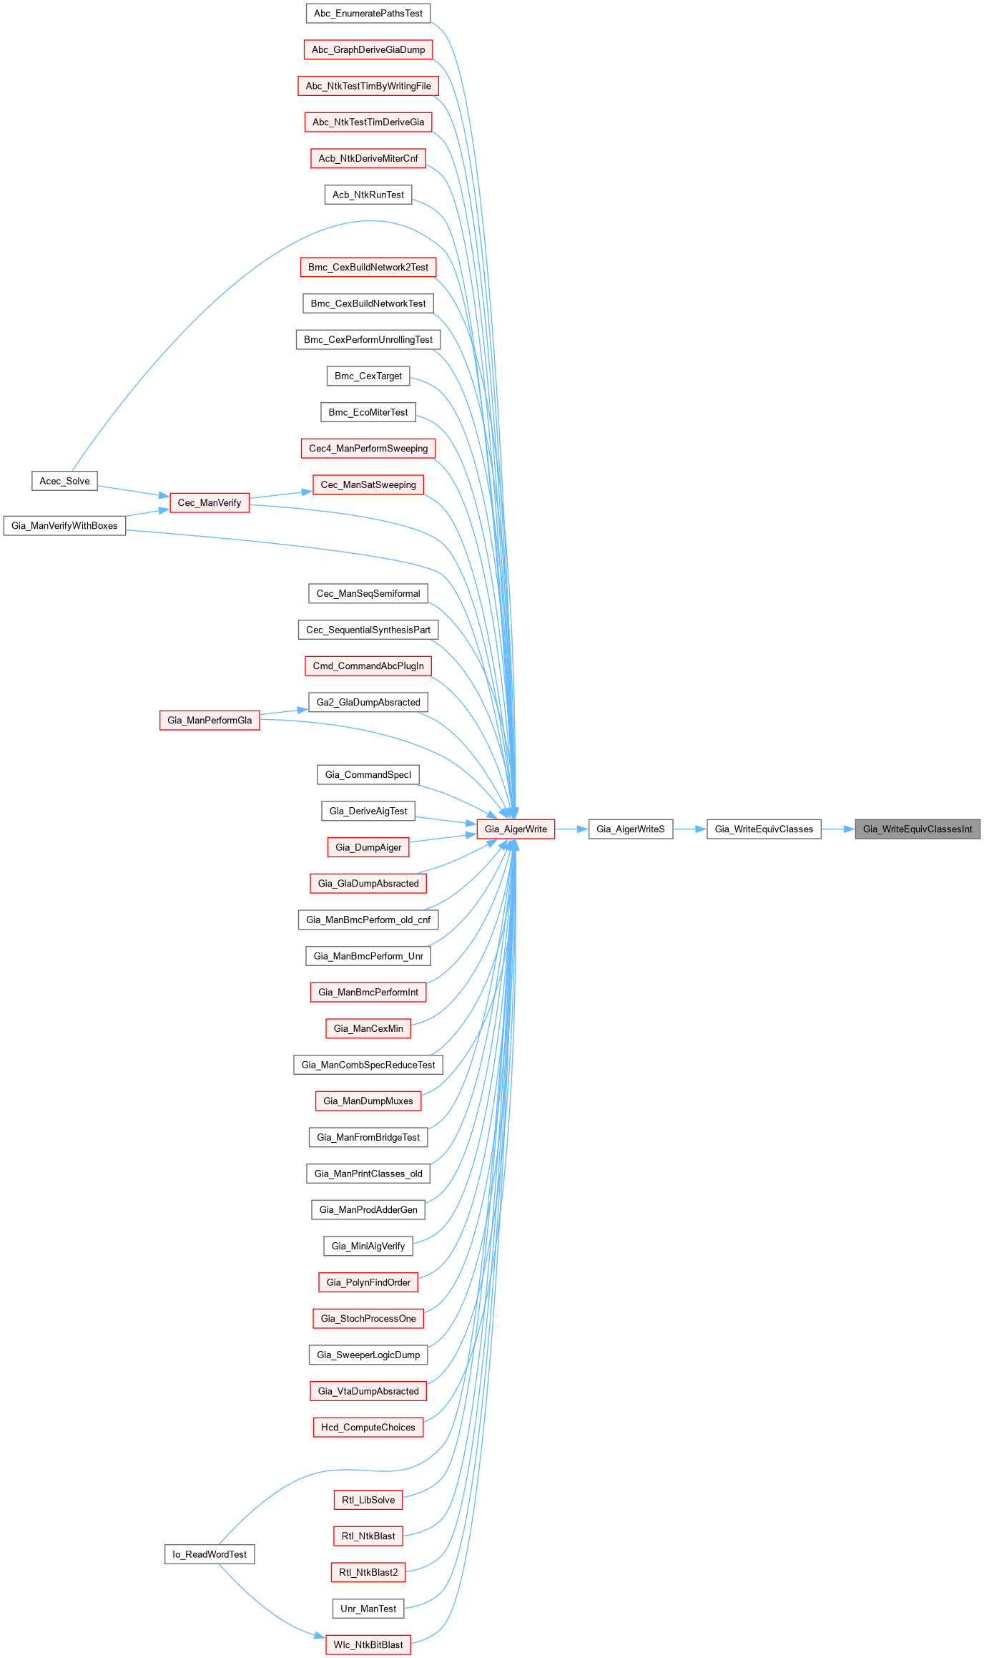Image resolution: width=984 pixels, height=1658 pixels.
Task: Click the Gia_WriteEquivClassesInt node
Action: [917, 829]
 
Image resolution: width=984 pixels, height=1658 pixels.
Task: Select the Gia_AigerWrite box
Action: [516, 829]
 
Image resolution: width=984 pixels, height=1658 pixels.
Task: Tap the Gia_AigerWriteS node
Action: [631, 829]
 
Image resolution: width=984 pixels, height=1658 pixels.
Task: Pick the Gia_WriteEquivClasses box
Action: [764, 829]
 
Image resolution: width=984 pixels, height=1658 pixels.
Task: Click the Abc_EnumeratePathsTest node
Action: [368, 14]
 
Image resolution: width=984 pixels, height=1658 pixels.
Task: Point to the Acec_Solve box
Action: [64, 481]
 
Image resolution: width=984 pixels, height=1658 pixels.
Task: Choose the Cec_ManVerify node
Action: [210, 503]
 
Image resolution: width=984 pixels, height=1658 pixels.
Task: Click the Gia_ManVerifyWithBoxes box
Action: [64, 526]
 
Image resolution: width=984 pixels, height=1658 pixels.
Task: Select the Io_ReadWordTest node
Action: [210, 1554]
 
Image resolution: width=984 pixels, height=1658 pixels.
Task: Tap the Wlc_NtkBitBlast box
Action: [368, 1645]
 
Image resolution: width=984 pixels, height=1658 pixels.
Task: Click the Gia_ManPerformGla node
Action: [210, 721]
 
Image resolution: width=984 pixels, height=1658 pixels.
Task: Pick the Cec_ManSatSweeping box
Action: [368, 485]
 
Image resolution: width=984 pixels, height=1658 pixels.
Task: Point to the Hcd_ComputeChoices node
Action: [368, 1428]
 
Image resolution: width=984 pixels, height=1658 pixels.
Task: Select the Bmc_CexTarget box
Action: [368, 376]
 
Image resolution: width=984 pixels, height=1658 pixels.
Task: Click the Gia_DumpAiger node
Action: [368, 848]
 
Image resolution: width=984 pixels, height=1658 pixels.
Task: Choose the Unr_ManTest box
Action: [368, 1609]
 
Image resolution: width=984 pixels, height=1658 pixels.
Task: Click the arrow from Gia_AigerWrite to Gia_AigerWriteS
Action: [571, 829]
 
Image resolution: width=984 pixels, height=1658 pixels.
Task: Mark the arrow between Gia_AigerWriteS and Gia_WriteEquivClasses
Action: [690, 829]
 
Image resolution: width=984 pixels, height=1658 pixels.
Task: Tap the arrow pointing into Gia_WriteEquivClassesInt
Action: [838, 829]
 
